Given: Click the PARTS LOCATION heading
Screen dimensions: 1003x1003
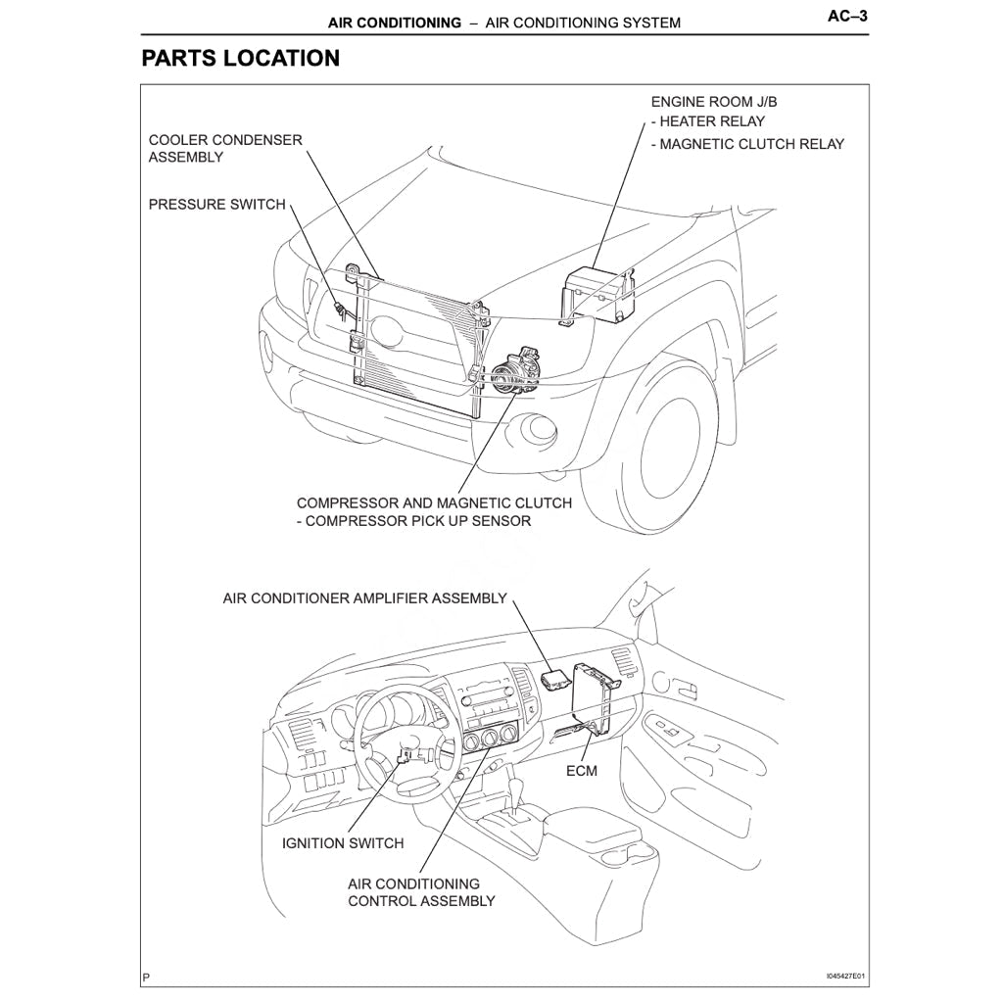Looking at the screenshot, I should (240, 58).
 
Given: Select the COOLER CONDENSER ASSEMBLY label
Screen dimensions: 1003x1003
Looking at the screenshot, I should (225, 148).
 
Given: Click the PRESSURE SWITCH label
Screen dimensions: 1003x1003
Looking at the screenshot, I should (216, 205).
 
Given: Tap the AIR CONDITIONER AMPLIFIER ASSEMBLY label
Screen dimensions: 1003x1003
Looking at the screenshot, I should (365, 597).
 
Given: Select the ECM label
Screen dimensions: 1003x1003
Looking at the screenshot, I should (582, 771).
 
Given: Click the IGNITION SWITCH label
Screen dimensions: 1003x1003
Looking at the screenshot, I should (343, 842).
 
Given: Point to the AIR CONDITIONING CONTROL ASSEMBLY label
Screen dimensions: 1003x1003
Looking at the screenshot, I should (421, 892).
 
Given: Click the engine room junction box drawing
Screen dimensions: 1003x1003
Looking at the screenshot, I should (597, 291).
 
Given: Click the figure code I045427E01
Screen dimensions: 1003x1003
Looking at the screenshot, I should (846, 977).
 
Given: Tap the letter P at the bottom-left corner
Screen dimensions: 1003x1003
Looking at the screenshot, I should (146, 978).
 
